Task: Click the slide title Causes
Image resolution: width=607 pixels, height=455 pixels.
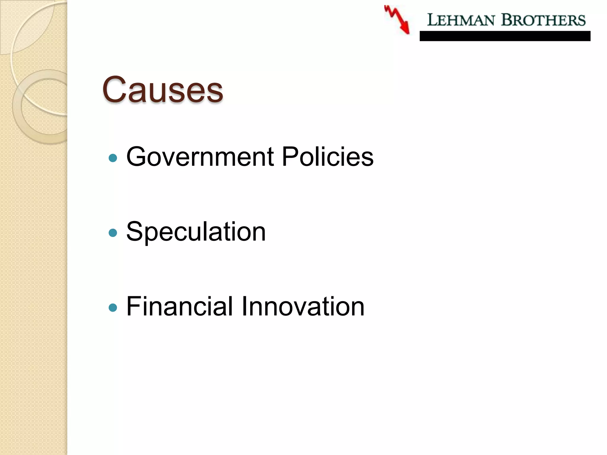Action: [162, 89]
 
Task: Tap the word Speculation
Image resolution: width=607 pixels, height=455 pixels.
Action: [196, 232]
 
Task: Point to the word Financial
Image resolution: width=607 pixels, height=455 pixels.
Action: [180, 306]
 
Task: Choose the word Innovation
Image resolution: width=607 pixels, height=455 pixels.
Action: [303, 306]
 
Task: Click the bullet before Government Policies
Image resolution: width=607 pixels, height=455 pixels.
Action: [113, 158]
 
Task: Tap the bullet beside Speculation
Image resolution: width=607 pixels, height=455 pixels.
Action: [113, 233]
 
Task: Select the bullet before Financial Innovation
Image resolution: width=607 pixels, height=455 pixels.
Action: [113, 307]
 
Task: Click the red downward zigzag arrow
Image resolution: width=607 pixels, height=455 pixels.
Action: [397, 20]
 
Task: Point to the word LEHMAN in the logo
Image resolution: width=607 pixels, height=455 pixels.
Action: [461, 20]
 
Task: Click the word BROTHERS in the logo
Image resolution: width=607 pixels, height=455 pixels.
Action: [543, 20]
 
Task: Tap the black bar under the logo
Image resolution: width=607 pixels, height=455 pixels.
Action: [505, 36]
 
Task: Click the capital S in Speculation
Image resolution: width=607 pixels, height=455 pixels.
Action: [135, 232]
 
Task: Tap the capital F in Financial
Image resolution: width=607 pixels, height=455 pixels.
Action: [133, 306]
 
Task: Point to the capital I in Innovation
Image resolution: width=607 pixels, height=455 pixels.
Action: [245, 306]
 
